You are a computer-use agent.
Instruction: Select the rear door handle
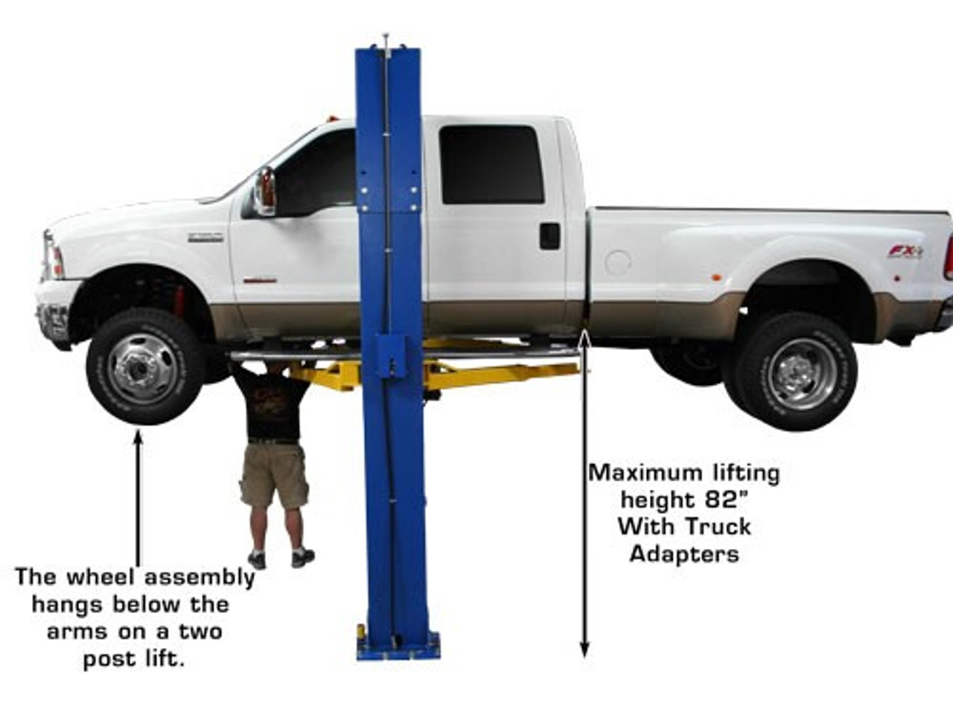549,236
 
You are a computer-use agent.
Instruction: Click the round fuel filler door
618,263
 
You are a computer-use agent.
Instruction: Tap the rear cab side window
491,165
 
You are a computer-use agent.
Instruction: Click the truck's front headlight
53,256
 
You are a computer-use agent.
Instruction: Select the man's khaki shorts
275,475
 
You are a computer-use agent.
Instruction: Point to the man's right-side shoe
302,558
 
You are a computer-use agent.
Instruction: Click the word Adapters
684,554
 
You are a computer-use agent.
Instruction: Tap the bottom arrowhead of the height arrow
584,661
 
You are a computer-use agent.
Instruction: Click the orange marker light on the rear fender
717,277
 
